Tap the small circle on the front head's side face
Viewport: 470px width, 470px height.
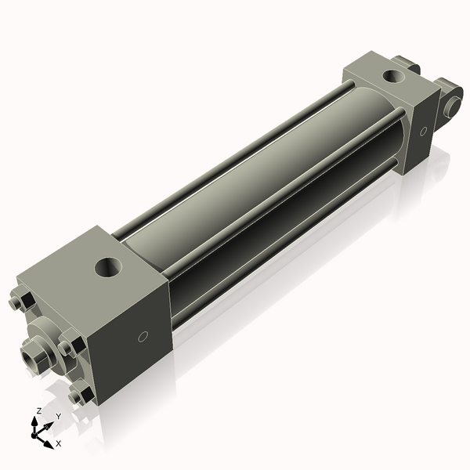[142, 338]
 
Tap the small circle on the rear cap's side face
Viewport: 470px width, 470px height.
[424, 130]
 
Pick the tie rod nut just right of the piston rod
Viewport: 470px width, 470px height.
[69, 345]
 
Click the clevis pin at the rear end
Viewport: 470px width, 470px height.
[452, 105]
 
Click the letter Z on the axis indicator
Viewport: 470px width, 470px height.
[39, 410]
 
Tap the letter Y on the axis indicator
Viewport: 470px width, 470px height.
[58, 416]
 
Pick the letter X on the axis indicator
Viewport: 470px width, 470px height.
[58, 443]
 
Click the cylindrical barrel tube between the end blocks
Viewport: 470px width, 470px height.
[258, 188]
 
